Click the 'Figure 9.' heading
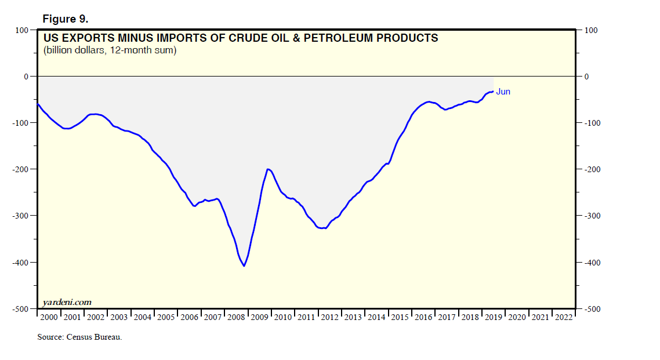[x=65, y=19]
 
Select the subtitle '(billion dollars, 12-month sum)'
[x=110, y=50]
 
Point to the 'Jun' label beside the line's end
[x=503, y=92]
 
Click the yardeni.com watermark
[x=67, y=302]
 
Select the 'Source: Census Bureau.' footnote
[x=79, y=337]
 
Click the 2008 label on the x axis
[x=236, y=317]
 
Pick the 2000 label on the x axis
[x=49, y=317]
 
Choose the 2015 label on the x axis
[x=400, y=317]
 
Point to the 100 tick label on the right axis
[x=591, y=30]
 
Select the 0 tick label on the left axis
[x=26, y=77]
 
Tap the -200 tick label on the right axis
[x=593, y=169]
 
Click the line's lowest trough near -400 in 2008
[x=244, y=266]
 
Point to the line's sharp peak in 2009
[x=268, y=169]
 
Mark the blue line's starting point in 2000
[x=38, y=104]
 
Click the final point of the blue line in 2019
[x=492, y=91]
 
